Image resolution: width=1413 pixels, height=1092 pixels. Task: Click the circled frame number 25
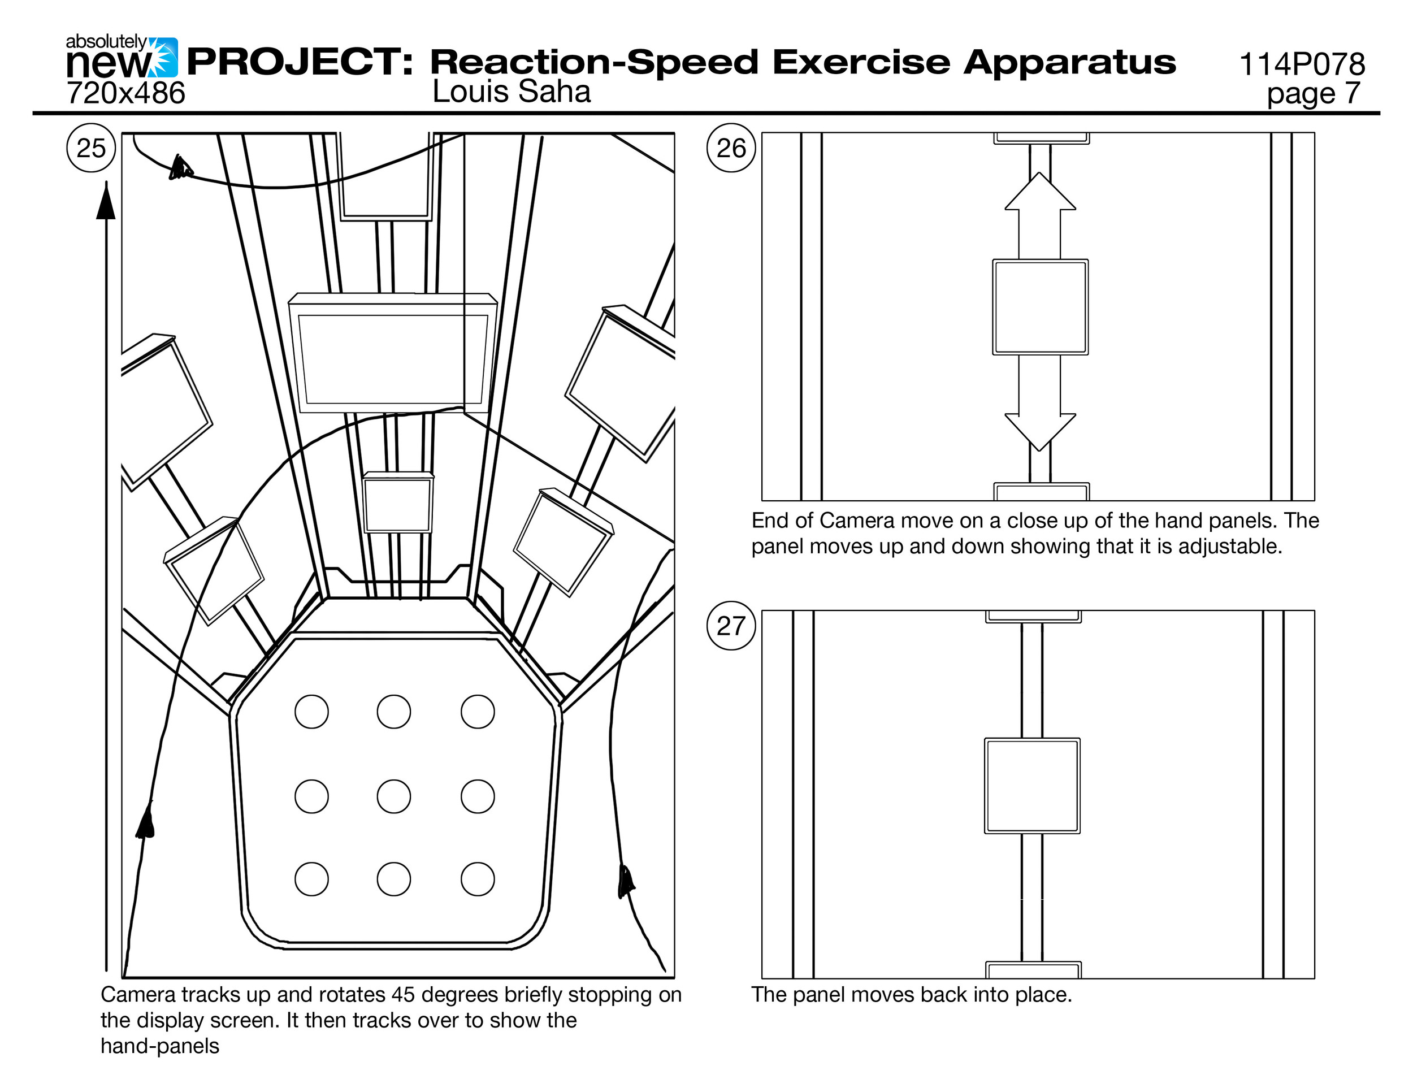point(90,148)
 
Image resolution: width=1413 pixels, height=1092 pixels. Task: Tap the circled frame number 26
point(731,148)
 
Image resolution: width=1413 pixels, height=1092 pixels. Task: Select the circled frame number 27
point(731,626)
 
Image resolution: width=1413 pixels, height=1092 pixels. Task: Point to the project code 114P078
point(1302,64)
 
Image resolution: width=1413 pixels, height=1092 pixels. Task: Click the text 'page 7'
point(1314,93)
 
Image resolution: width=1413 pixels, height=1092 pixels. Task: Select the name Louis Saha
point(511,91)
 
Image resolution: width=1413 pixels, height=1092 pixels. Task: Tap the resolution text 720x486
point(125,93)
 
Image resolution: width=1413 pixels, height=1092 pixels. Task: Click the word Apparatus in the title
point(1069,62)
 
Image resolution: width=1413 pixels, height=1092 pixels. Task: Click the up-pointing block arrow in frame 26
point(1040,214)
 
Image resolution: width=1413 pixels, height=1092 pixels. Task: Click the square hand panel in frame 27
point(1032,785)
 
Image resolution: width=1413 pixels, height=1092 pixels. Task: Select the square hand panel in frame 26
point(1040,307)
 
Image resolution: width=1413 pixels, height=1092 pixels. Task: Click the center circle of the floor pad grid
point(393,796)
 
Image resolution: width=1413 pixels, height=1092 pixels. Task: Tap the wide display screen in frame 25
point(393,358)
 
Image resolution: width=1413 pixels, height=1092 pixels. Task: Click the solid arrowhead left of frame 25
point(106,202)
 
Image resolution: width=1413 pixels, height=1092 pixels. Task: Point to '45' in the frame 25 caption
point(403,994)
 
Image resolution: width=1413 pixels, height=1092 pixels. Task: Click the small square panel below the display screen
point(397,505)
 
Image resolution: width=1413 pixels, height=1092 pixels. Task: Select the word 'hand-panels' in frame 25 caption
point(160,1046)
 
